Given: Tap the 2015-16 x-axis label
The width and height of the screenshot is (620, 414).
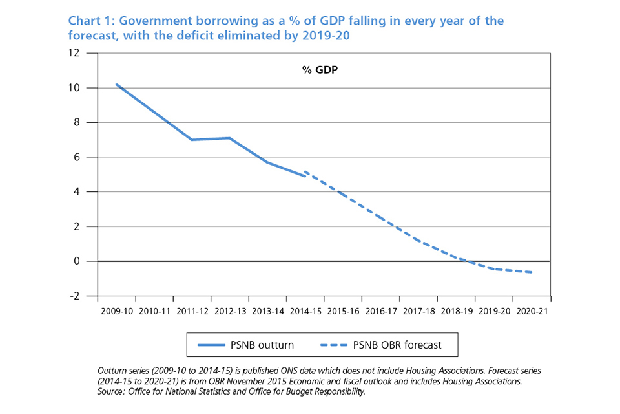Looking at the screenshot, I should [x=342, y=311].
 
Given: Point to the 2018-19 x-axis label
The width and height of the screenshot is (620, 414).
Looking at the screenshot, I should [x=456, y=311].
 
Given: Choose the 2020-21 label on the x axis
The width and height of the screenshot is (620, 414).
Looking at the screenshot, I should [x=532, y=311].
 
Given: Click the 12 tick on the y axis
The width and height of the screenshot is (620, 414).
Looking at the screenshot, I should [x=83, y=53].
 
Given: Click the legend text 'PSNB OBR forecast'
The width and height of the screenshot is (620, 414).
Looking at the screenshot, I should [x=397, y=345].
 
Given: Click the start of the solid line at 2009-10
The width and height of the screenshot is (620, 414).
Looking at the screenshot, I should [x=116, y=84].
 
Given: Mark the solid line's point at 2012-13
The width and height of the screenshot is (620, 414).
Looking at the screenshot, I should [x=229, y=138].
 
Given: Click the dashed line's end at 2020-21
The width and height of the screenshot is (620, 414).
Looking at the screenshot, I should [x=532, y=272].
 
